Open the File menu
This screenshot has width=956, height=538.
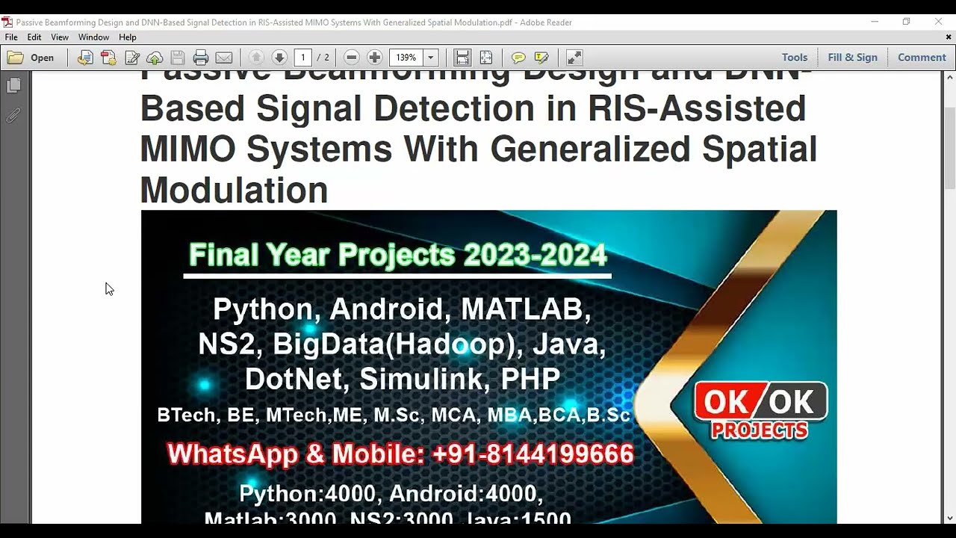point(11,37)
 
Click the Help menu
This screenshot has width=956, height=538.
point(128,37)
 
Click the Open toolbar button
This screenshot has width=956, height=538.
point(31,58)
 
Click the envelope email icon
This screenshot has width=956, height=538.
point(223,58)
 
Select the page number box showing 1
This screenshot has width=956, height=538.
point(302,58)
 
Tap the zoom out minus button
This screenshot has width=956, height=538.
point(352,58)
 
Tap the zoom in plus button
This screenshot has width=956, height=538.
point(375,58)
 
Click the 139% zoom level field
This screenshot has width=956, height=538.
point(406,58)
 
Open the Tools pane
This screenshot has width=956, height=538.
point(794,58)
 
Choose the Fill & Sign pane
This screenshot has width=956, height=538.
point(852,58)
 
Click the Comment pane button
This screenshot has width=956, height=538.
point(922,58)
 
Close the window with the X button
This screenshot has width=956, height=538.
point(938,22)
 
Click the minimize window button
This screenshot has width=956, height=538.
point(875,22)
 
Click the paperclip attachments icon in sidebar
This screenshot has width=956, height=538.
point(13,116)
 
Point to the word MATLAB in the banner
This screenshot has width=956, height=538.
point(526,309)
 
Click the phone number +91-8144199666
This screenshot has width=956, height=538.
point(533,454)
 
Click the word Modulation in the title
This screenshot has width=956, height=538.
point(234,191)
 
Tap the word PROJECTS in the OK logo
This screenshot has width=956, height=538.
point(760,430)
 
